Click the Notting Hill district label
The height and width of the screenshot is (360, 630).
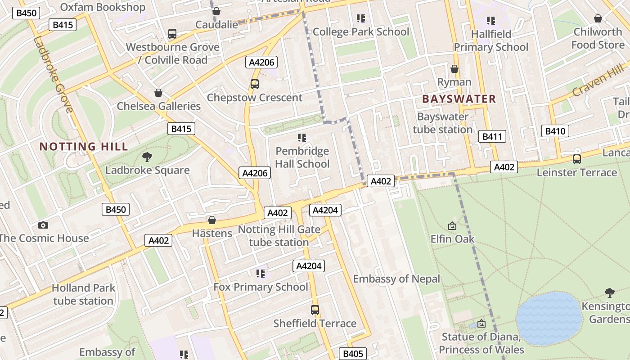(84, 146)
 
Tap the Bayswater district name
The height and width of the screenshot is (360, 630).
(459, 99)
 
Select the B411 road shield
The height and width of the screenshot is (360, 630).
(493, 136)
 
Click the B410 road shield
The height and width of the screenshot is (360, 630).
(555, 131)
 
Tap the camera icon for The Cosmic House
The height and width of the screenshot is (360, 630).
(43, 225)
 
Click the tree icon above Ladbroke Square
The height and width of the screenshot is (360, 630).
(147, 157)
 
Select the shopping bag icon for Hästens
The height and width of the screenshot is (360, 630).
(212, 220)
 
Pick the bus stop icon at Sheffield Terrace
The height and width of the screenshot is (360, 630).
(315, 310)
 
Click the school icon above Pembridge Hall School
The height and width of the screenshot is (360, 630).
(302, 137)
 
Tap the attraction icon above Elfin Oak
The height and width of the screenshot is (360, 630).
(452, 226)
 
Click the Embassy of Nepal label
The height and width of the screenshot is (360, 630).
(396, 279)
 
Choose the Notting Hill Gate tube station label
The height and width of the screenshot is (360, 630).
(279, 236)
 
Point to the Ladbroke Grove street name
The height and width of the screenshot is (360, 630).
(53, 74)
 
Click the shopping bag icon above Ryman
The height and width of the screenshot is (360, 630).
(454, 69)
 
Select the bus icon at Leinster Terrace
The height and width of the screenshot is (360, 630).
(576, 159)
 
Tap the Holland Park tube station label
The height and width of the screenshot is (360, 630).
(83, 294)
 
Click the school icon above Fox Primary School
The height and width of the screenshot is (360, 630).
(260, 273)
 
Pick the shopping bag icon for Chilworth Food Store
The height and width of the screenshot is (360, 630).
(598, 18)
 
